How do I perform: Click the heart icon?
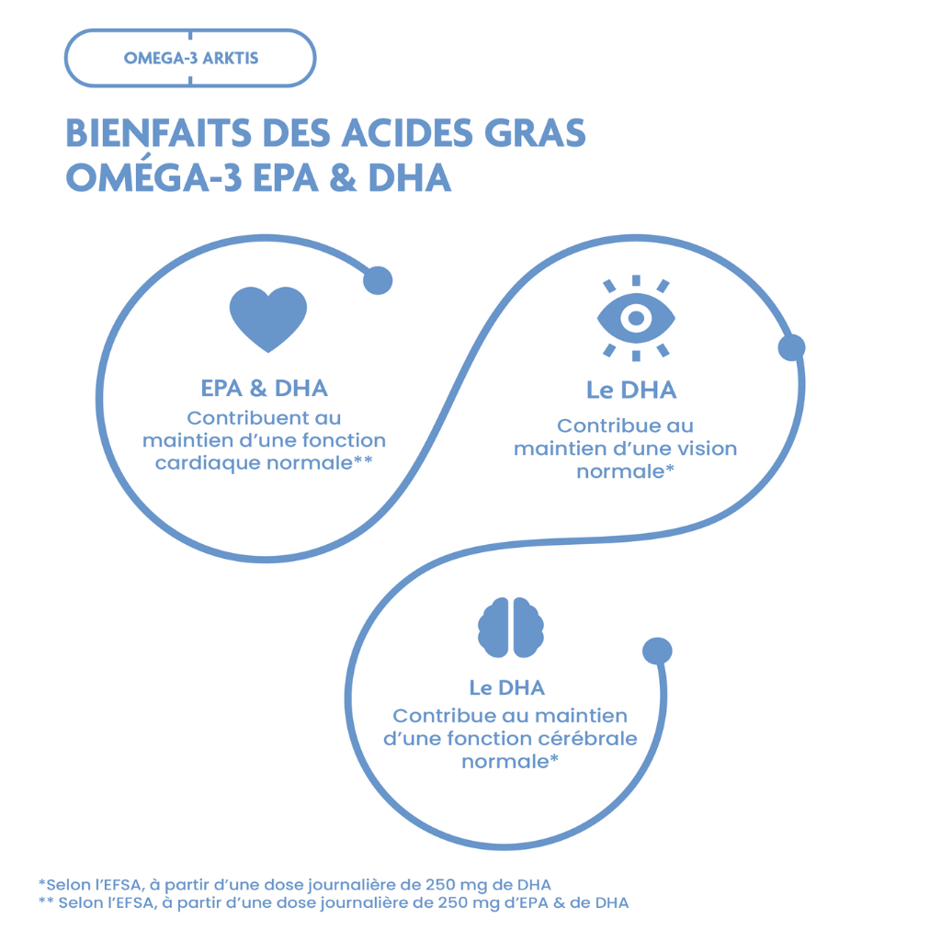click(x=267, y=318)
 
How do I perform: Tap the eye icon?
click(x=636, y=318)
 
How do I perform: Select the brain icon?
click(x=510, y=628)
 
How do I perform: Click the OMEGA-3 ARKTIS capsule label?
click(x=190, y=58)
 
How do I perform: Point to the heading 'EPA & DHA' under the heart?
click(x=265, y=388)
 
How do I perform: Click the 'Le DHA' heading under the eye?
click(x=631, y=390)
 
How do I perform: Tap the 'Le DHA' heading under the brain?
click(x=506, y=687)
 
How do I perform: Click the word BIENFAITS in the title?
click(x=157, y=133)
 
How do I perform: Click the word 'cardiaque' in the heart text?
click(x=208, y=463)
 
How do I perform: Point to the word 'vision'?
click(x=705, y=448)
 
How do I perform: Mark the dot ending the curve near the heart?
click(x=378, y=281)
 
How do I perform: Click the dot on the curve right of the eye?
click(x=791, y=347)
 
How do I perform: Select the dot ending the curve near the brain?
click(x=657, y=651)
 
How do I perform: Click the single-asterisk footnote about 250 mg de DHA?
click(x=295, y=884)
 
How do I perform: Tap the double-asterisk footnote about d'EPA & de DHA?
click(x=334, y=902)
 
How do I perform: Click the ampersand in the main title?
click(x=342, y=177)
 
